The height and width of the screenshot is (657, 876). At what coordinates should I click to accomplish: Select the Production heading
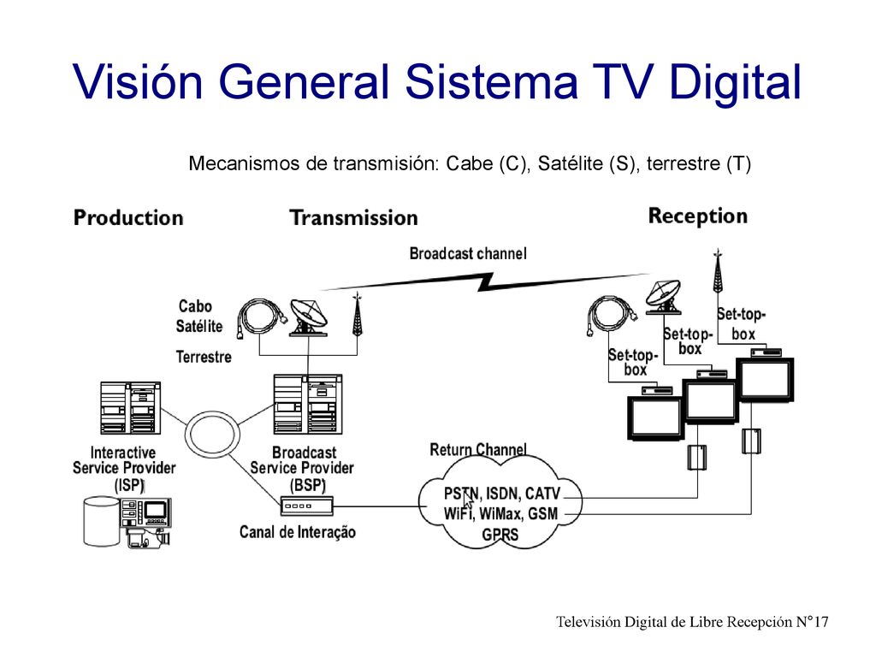128,218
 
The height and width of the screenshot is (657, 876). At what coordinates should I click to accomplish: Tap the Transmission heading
353,218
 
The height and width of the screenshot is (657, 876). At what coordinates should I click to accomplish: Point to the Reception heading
698,216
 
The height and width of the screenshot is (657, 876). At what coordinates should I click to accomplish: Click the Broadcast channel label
468,253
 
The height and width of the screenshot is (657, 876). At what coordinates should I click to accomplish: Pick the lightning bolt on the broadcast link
485,282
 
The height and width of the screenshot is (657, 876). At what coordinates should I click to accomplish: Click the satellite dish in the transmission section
308,317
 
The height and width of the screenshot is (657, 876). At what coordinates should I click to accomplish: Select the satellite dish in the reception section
663,297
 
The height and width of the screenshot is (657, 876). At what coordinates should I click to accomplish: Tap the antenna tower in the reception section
718,271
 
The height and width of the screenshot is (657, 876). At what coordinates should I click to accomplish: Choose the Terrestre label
204,357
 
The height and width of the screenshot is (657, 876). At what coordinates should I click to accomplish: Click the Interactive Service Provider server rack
130,408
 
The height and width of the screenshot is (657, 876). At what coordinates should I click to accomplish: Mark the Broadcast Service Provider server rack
308,405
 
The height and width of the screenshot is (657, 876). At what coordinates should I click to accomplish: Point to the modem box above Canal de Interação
307,506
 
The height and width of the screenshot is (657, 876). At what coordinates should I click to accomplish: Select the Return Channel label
478,450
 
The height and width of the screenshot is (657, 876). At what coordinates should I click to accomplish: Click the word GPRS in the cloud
500,535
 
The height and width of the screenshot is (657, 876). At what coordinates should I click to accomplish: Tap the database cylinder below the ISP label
101,521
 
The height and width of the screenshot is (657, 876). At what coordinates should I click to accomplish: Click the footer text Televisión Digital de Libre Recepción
674,622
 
